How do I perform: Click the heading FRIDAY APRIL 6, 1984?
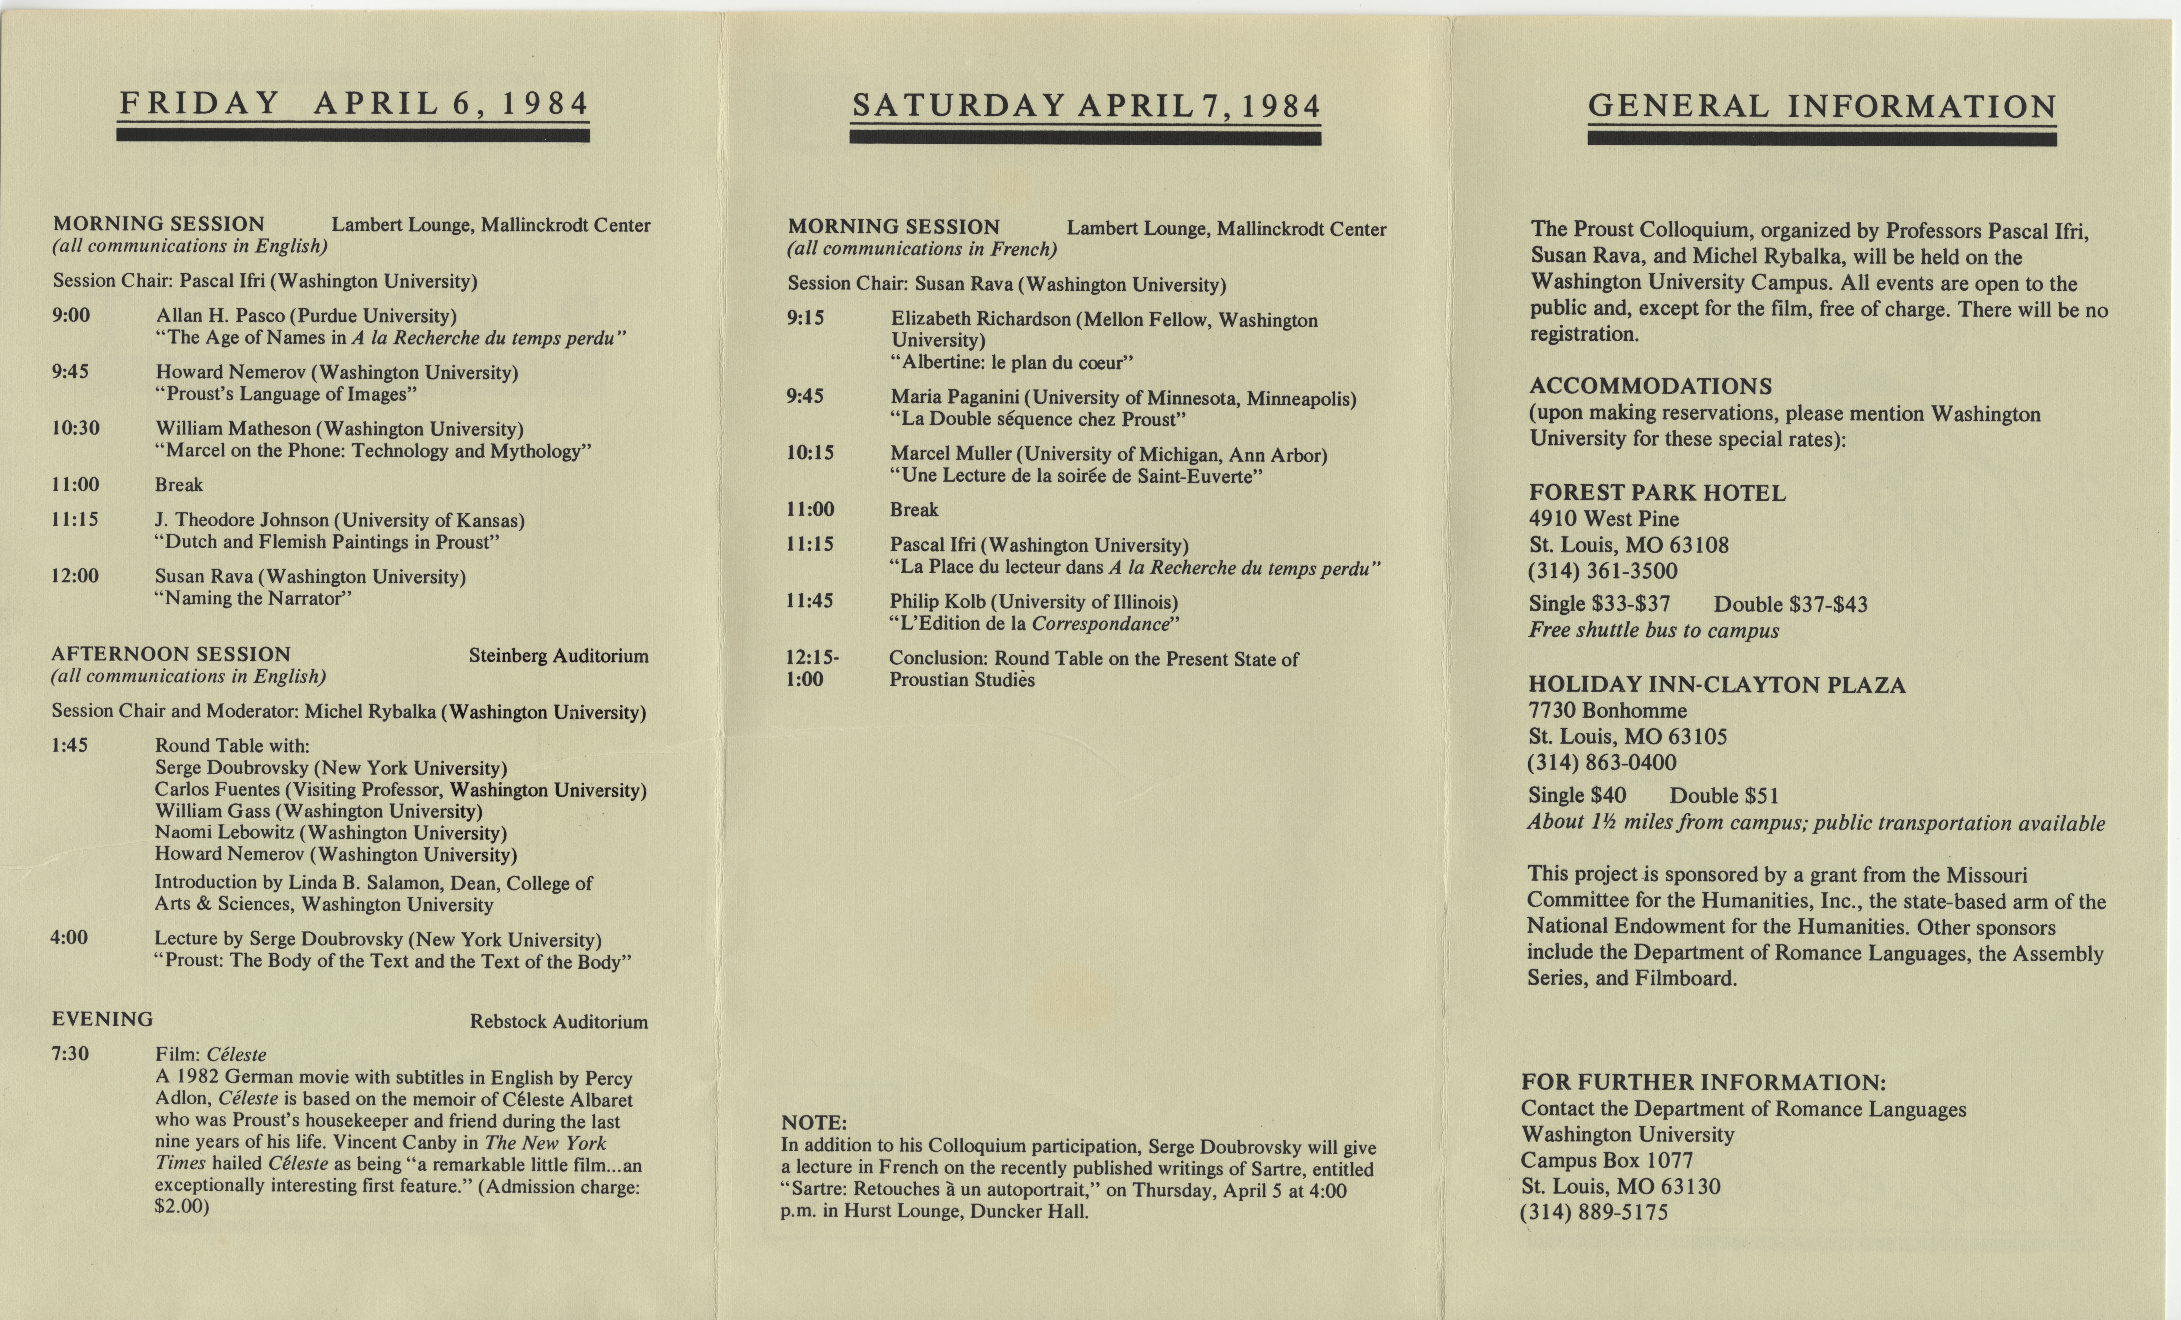pyautogui.click(x=353, y=104)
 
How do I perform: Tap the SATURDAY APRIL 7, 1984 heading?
pyautogui.click(x=1085, y=107)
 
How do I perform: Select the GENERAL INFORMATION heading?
pyautogui.click(x=1822, y=107)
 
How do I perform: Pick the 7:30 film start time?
pyautogui.click(x=70, y=1054)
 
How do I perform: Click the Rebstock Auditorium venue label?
pyautogui.click(x=558, y=1022)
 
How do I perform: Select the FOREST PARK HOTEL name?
pyautogui.click(x=1657, y=493)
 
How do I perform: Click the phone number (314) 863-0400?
pyautogui.click(x=1602, y=763)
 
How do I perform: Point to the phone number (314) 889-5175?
pyautogui.click(x=1594, y=1212)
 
